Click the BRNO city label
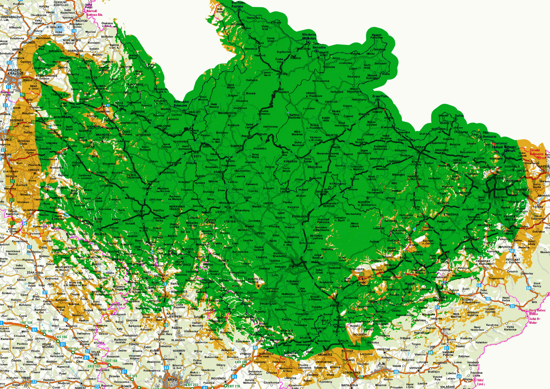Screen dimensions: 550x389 (x=172, y=380)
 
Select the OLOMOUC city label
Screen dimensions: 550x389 (x=296, y=266)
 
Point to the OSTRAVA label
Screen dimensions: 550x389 (x=495, y=178)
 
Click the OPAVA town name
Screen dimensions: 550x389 (x=420, y=147)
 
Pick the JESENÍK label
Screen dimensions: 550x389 (x=282, y=74)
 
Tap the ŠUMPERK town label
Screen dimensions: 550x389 (x=236, y=146)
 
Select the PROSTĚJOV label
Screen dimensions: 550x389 (x=268, y=304)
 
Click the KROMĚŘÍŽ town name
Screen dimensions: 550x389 (x=325, y=355)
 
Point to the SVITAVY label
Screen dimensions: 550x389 (x=139, y=211)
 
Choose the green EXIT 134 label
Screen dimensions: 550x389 (x=26, y=323)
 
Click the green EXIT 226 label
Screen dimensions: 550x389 (x=241, y=362)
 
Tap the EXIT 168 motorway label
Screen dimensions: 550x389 (x=111, y=361)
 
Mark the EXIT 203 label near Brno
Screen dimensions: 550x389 (x=192, y=385)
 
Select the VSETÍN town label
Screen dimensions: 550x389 (x=445, y=329)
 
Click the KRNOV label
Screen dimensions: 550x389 (x=377, y=112)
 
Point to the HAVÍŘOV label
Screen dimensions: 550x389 (x=522, y=190)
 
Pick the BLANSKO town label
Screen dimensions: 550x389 (x=178, y=340)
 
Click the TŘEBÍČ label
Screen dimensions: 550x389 (x=26, y=378)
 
